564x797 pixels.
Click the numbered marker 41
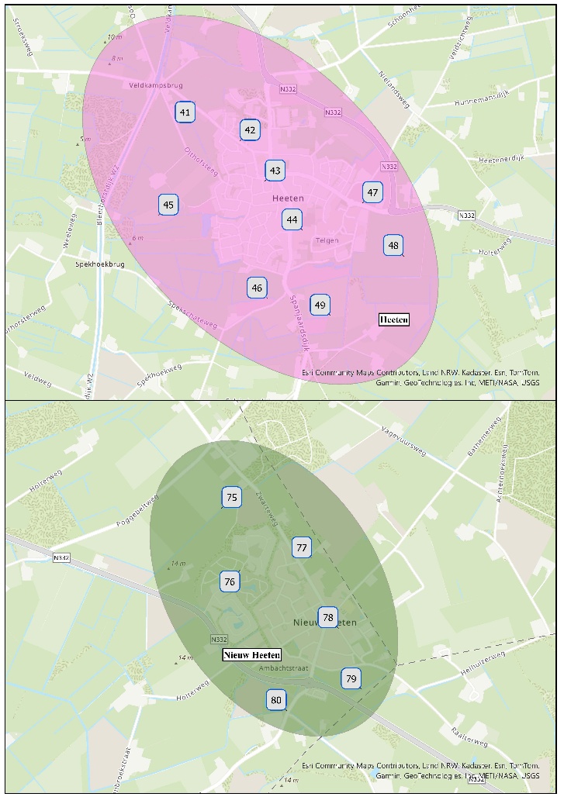185,112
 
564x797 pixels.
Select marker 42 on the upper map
250,130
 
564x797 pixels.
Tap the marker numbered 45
168,205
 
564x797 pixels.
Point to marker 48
393,246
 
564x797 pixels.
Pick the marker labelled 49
320,305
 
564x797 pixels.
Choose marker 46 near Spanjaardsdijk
257,288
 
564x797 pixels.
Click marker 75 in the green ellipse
231,497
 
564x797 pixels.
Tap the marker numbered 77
302,547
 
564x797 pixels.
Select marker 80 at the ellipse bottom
276,700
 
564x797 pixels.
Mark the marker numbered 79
351,679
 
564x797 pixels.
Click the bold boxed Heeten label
393,319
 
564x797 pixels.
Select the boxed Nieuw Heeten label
251,655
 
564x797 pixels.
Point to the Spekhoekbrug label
100,264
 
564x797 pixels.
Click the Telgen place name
327,240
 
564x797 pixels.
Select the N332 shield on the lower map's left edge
62,557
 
